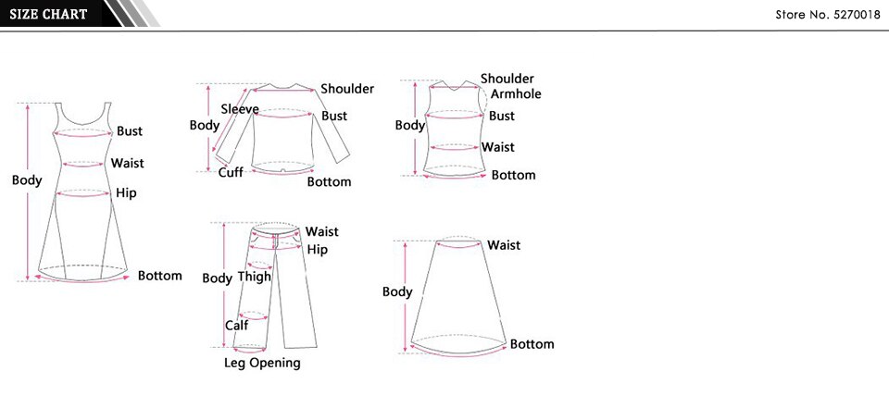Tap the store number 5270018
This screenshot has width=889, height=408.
pyautogui.click(x=828, y=15)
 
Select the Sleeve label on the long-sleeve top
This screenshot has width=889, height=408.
pyautogui.click(x=240, y=109)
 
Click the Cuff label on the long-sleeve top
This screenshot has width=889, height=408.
pyautogui.click(x=231, y=172)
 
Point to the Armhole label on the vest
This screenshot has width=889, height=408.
pyautogui.click(x=516, y=94)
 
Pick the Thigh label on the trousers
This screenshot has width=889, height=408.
pyautogui.click(x=255, y=277)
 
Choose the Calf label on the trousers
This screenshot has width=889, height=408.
pyautogui.click(x=236, y=325)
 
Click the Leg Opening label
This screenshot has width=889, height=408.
pyautogui.click(x=262, y=363)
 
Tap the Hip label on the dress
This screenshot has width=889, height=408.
pyautogui.click(x=126, y=193)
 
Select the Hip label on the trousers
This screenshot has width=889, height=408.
pyautogui.click(x=318, y=250)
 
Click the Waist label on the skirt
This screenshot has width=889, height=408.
pyautogui.click(x=504, y=245)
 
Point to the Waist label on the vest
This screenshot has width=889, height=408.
pyautogui.click(x=497, y=147)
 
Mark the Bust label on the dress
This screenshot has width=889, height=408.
pyautogui.click(x=130, y=131)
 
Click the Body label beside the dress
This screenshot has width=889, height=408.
pyautogui.click(x=27, y=180)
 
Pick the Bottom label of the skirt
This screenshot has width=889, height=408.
pyautogui.click(x=532, y=344)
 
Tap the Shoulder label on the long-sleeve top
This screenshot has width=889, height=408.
pyautogui.click(x=347, y=89)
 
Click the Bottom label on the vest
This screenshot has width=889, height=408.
pyautogui.click(x=513, y=175)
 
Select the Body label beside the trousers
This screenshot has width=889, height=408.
pyautogui.click(x=217, y=278)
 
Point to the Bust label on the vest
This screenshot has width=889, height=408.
pyautogui.click(x=502, y=116)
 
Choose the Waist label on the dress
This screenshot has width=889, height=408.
pyautogui.click(x=128, y=163)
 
